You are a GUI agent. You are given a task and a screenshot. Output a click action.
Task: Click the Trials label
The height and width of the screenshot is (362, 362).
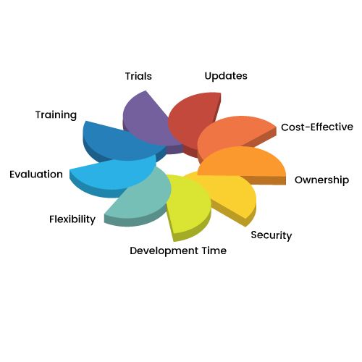[138, 76]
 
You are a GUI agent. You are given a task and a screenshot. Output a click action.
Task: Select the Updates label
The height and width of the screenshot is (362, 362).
[226, 76]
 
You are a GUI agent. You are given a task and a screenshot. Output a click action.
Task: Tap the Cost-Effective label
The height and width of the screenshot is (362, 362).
[317, 127]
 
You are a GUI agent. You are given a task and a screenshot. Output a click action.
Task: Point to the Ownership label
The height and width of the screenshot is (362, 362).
[321, 180]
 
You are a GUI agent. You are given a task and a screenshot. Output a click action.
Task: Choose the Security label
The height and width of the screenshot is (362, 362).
[271, 235]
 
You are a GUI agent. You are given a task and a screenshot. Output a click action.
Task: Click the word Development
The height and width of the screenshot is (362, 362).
[164, 251]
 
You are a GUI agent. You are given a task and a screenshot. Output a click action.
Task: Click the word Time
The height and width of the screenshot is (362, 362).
[214, 251]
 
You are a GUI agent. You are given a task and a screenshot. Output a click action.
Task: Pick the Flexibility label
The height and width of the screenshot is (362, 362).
[72, 219]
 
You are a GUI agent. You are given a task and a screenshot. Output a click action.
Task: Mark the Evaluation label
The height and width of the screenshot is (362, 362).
[36, 174]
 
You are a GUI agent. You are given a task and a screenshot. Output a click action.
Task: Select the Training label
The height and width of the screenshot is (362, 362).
[56, 115]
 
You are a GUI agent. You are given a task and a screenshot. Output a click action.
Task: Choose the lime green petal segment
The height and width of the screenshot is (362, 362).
[188, 205]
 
